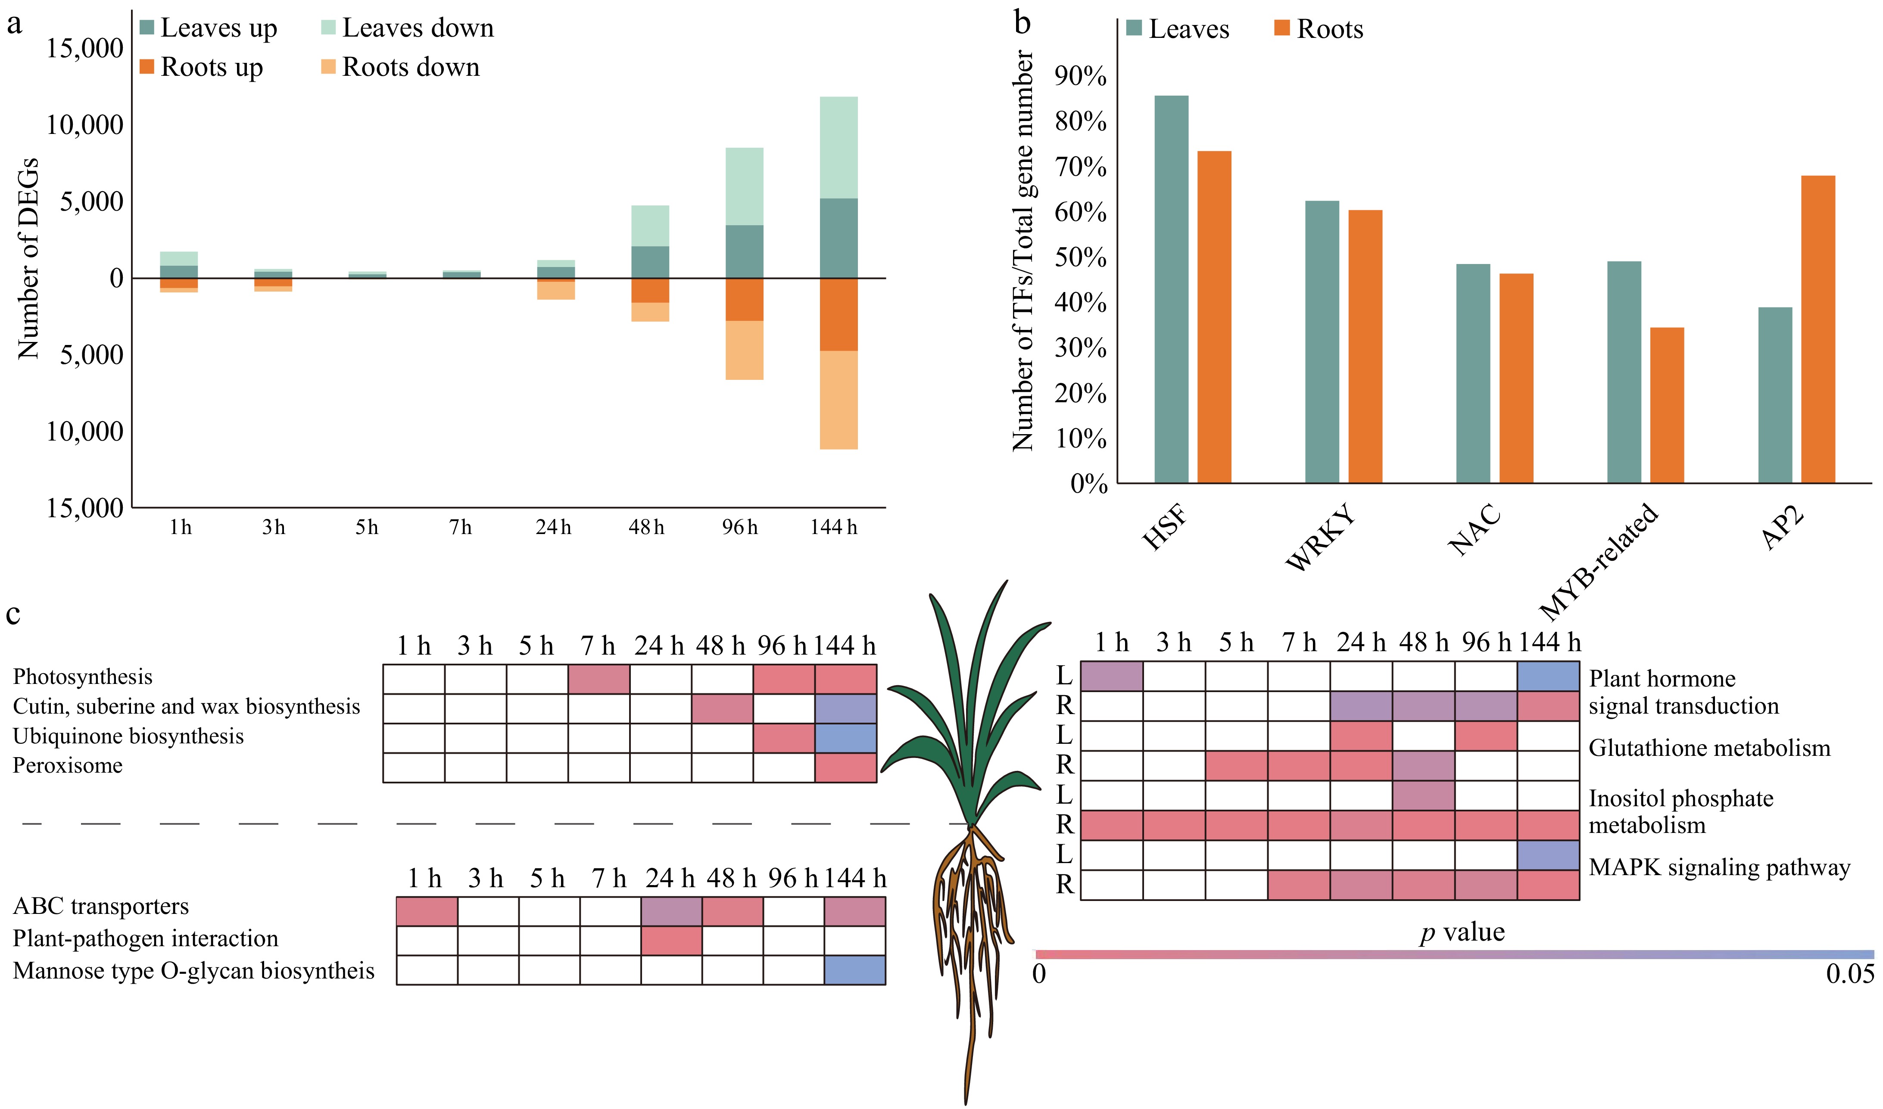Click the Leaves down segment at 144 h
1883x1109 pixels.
click(x=838, y=147)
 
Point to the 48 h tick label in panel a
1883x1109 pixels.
click(x=647, y=528)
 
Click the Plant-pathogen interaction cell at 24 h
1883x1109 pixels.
click(x=670, y=940)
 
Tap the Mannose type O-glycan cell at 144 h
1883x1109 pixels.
click(x=854, y=970)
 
